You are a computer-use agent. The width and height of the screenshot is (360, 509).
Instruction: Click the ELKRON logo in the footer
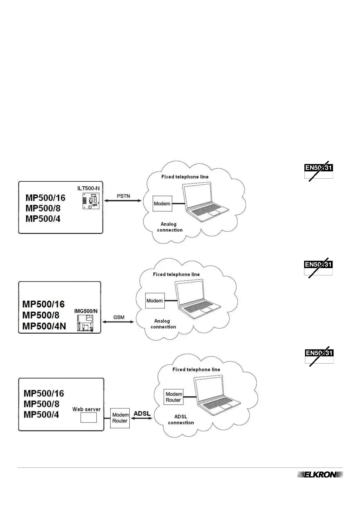[x=320, y=475]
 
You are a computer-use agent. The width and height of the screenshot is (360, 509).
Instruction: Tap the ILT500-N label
[x=88, y=188]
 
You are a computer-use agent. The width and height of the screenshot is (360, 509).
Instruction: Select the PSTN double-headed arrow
[x=123, y=201]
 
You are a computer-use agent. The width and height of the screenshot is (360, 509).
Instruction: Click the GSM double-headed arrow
[x=118, y=322]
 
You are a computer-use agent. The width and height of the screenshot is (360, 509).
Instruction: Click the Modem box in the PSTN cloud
[x=162, y=204]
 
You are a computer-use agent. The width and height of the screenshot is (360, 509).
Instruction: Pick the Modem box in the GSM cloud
[x=155, y=301]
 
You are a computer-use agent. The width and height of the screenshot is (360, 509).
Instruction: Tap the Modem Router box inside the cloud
[x=174, y=397]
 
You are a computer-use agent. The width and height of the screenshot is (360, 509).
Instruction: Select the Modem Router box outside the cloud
[x=120, y=418]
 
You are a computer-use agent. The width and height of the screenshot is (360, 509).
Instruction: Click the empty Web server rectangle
[x=89, y=418]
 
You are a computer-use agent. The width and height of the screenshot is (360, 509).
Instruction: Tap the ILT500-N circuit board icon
[x=91, y=201]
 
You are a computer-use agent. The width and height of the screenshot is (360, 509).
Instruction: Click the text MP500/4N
[x=44, y=326]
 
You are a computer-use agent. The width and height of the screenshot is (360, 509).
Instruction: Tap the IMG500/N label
[x=86, y=311]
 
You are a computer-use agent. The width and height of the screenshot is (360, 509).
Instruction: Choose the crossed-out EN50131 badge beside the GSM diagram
[x=318, y=267]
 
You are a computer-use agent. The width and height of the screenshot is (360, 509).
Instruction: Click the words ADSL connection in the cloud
[x=181, y=420]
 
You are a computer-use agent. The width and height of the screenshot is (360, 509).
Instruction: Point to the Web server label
[x=86, y=409]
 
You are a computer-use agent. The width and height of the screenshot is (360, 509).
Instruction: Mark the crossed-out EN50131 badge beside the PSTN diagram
[x=319, y=171]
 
